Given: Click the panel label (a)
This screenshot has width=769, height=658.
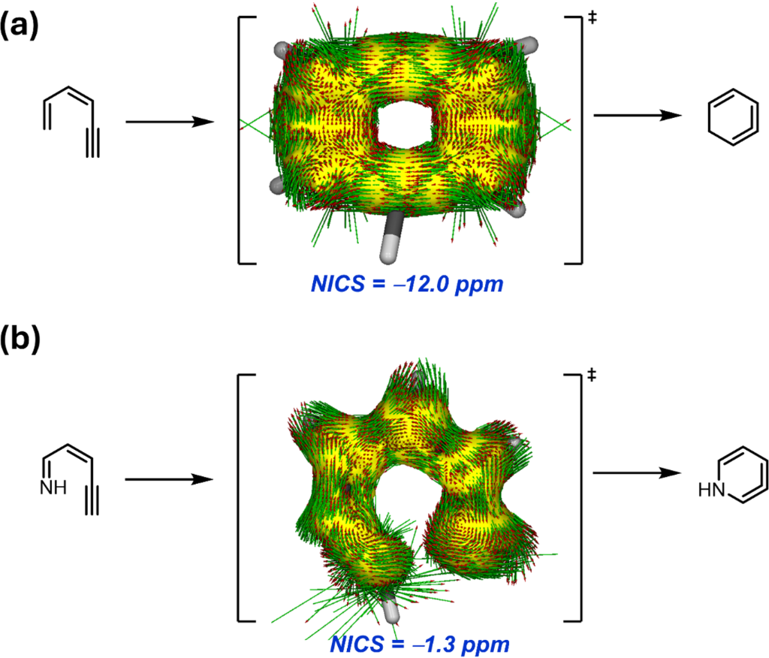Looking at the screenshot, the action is pyautogui.click(x=19, y=26).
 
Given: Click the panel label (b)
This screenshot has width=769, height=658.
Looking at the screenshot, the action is pyautogui.click(x=20, y=339).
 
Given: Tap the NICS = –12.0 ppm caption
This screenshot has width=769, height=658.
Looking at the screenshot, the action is pyautogui.click(x=407, y=285).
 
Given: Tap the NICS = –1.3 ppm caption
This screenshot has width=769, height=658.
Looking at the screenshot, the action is pyautogui.click(x=420, y=644).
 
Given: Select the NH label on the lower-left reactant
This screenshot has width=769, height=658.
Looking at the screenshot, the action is pyautogui.click(x=53, y=487).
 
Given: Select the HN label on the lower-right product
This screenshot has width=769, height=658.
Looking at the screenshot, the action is pyautogui.click(x=712, y=490).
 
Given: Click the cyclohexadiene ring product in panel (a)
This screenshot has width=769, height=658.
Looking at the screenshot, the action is pyautogui.click(x=733, y=117).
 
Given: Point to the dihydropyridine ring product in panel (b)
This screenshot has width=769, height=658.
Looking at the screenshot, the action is pyautogui.click(x=743, y=475).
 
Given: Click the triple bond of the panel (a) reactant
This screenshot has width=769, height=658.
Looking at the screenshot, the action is pyautogui.click(x=92, y=143).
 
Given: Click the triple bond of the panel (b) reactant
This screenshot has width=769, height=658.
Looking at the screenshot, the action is pyautogui.click(x=92, y=500).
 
